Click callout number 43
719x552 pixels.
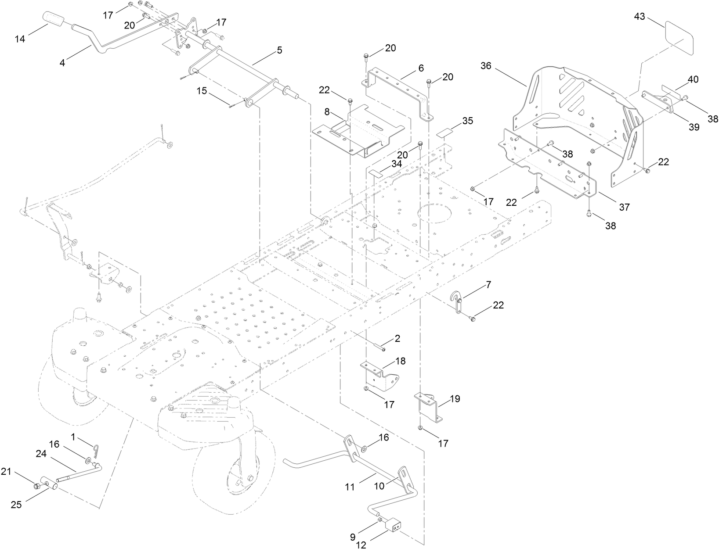[x=640, y=17]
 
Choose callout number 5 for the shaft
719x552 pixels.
[x=279, y=50]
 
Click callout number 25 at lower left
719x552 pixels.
[x=16, y=505]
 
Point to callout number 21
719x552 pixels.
[x=6, y=472]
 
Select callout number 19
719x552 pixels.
[x=455, y=399]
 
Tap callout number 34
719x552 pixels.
[x=397, y=164]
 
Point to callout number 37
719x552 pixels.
[x=624, y=207]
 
